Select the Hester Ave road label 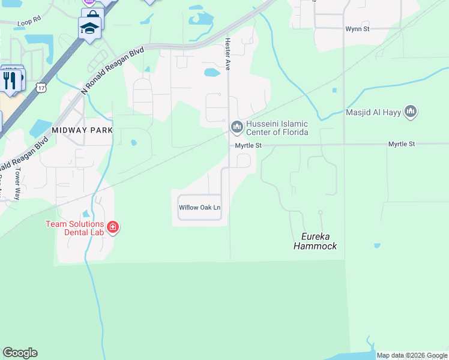point(228,55)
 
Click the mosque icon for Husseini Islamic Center point(236,126)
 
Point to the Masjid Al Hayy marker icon point(411,111)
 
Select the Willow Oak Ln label point(200,208)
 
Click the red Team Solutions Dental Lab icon point(113,227)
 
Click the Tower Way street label point(17,179)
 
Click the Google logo point(20,353)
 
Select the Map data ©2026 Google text point(412,355)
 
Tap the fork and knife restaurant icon point(9,79)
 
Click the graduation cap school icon point(89,28)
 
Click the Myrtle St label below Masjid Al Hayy point(401,144)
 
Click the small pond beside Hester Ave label point(211,73)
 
